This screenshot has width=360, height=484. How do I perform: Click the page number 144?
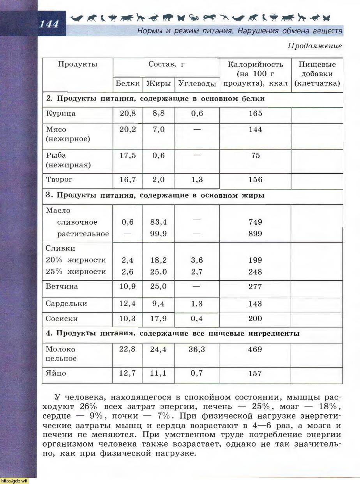coord(49,24)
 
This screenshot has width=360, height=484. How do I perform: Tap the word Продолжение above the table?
coord(314,46)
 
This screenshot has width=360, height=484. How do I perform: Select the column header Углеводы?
coord(197,83)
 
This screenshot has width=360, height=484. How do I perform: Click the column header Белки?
coord(128,83)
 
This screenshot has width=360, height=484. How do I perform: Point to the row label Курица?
coord(61,114)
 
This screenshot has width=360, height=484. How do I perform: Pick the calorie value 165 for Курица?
coord(255,114)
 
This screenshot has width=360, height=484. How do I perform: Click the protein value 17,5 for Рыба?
coord(128,155)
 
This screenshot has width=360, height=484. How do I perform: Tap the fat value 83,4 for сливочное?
coord(159,222)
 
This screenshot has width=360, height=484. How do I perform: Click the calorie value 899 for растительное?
coord(255,234)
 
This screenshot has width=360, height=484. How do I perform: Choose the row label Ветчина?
coord(62,287)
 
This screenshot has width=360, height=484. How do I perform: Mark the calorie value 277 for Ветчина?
coord(255,287)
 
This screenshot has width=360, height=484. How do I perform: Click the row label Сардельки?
coord(66,304)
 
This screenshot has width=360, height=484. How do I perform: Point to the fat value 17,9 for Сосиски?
coord(159,319)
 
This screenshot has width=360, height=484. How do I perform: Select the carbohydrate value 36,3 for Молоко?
coord(197,349)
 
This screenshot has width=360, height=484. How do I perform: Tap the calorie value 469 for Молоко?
coord(255,349)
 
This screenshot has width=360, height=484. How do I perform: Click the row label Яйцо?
coord(56,373)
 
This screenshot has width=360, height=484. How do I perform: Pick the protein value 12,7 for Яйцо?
coord(128,373)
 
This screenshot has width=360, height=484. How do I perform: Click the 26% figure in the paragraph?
coord(91,407)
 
